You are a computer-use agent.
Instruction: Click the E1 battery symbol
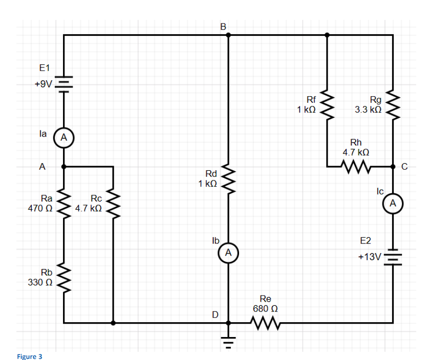pos(63,84)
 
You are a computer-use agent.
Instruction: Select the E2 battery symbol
pos(393,257)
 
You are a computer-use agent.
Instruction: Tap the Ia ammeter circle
pos(63,137)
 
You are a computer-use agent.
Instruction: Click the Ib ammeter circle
pos(228,253)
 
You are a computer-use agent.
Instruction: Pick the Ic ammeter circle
pos(393,204)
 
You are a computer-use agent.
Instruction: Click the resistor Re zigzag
pos(265,323)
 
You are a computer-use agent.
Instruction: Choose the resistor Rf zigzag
pos(327,105)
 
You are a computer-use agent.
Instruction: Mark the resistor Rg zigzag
pos(393,105)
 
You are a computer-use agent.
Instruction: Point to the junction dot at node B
pos(228,35)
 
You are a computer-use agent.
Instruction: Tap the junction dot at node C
pos(393,166)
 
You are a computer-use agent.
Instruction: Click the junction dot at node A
pos(63,166)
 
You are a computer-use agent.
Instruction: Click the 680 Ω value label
pos(265,309)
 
